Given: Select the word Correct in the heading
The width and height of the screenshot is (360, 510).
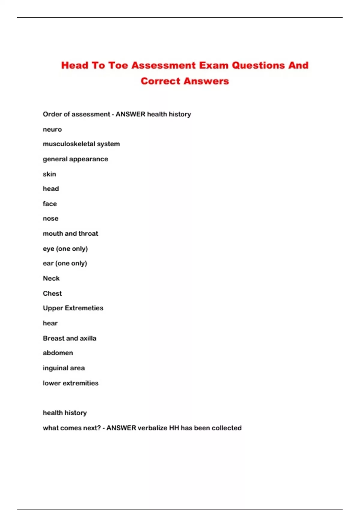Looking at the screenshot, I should [x=160, y=81].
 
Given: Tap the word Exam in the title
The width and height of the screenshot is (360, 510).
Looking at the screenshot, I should [x=214, y=65].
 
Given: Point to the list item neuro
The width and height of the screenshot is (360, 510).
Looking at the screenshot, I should [x=52, y=130].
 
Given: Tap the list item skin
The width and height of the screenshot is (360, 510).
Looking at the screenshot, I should [x=49, y=174].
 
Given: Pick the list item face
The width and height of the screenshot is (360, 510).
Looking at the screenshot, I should [x=50, y=204].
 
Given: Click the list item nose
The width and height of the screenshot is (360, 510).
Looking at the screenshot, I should [x=50, y=219].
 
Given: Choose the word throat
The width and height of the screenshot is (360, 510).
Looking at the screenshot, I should [x=88, y=234].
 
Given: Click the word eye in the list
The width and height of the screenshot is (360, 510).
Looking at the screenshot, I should [x=48, y=249].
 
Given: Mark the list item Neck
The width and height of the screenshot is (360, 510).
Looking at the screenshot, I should [x=51, y=278].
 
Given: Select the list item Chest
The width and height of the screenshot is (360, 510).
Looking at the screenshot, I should [x=52, y=293].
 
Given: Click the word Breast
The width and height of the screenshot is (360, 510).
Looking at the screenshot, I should [x=53, y=338].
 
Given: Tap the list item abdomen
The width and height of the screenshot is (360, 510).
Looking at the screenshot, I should [x=58, y=353].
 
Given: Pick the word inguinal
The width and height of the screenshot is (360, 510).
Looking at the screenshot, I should [x=55, y=368].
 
